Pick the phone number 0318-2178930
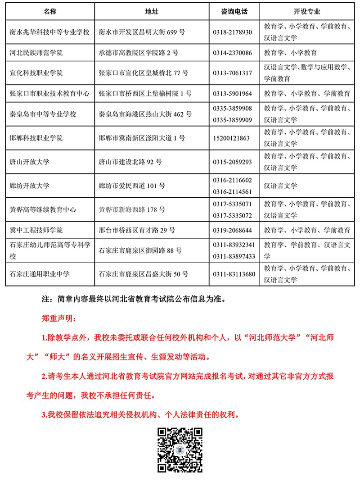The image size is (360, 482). (232, 32)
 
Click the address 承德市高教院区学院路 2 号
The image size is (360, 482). (139, 53)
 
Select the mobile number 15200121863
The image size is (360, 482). (231, 138)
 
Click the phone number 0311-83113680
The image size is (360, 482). (234, 274)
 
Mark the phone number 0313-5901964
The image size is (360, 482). (232, 94)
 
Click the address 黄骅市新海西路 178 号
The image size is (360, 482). (132, 210)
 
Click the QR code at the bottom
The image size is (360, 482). (179, 450)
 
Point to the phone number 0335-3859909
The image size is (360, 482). (232, 120)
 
